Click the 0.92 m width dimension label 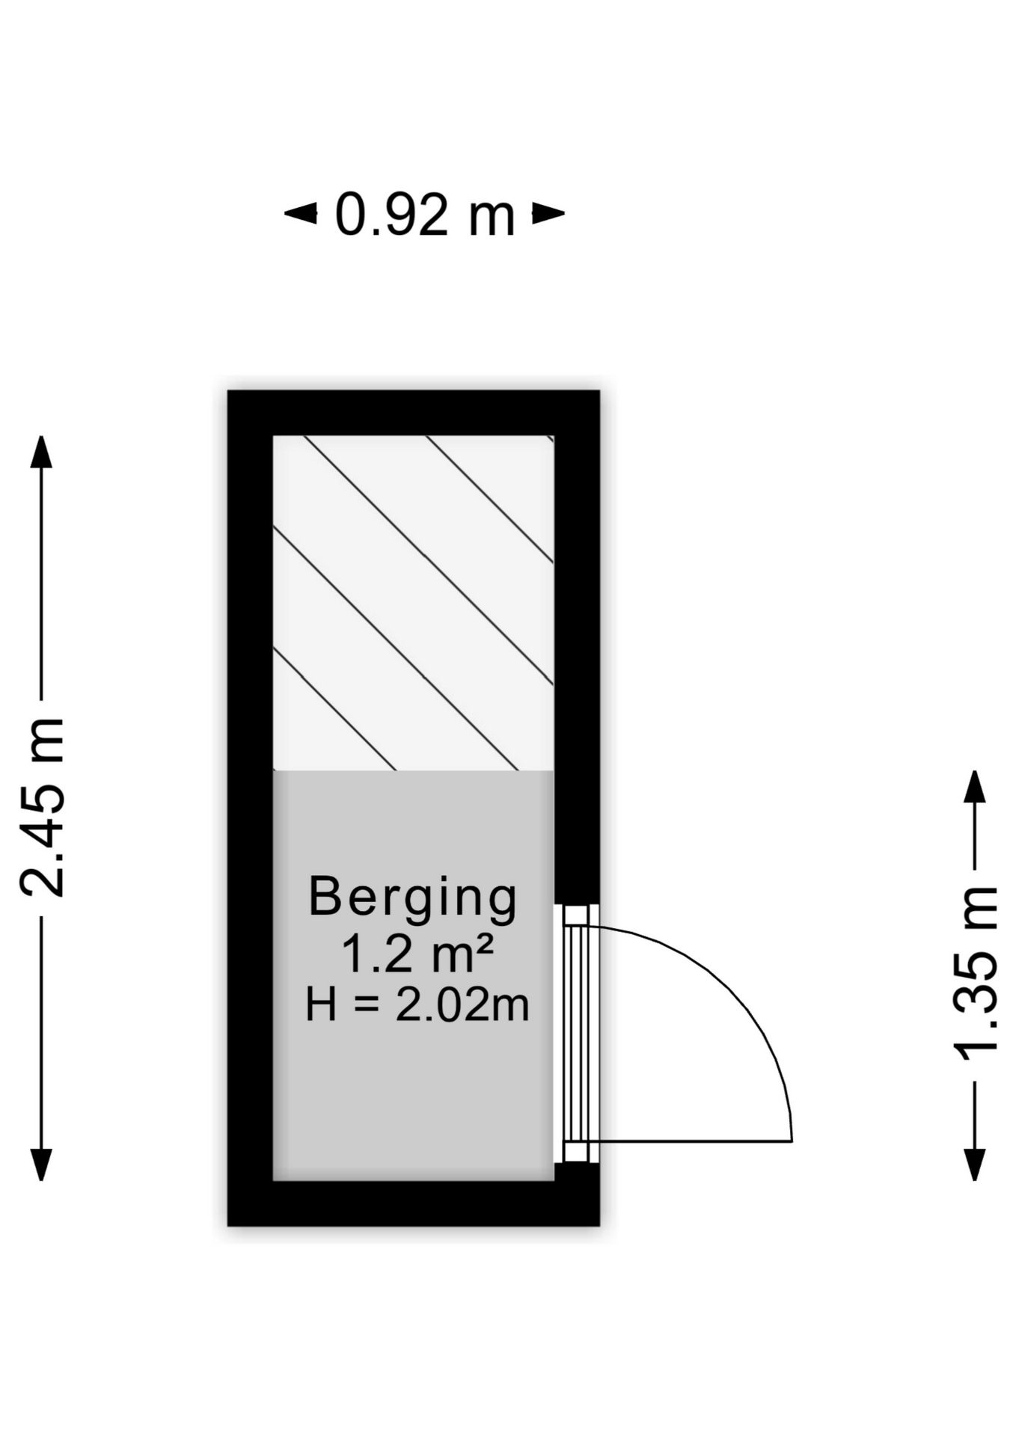click(x=424, y=215)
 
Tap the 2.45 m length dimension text click(x=43, y=807)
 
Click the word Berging click(x=413, y=897)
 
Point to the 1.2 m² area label click(x=417, y=954)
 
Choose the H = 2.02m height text click(x=417, y=1004)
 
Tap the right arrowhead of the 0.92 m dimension click(x=548, y=214)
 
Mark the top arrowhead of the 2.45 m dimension click(x=41, y=452)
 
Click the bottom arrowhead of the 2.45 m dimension click(x=41, y=1164)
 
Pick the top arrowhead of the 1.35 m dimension click(x=974, y=787)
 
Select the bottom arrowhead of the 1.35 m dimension click(x=974, y=1164)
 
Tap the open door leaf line click(x=690, y=1141)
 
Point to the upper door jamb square click(x=576, y=915)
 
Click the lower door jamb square click(x=576, y=1152)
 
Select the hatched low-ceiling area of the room click(x=413, y=603)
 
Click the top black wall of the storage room click(x=413, y=413)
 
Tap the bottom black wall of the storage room click(x=413, y=1203)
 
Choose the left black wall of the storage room click(x=251, y=808)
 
